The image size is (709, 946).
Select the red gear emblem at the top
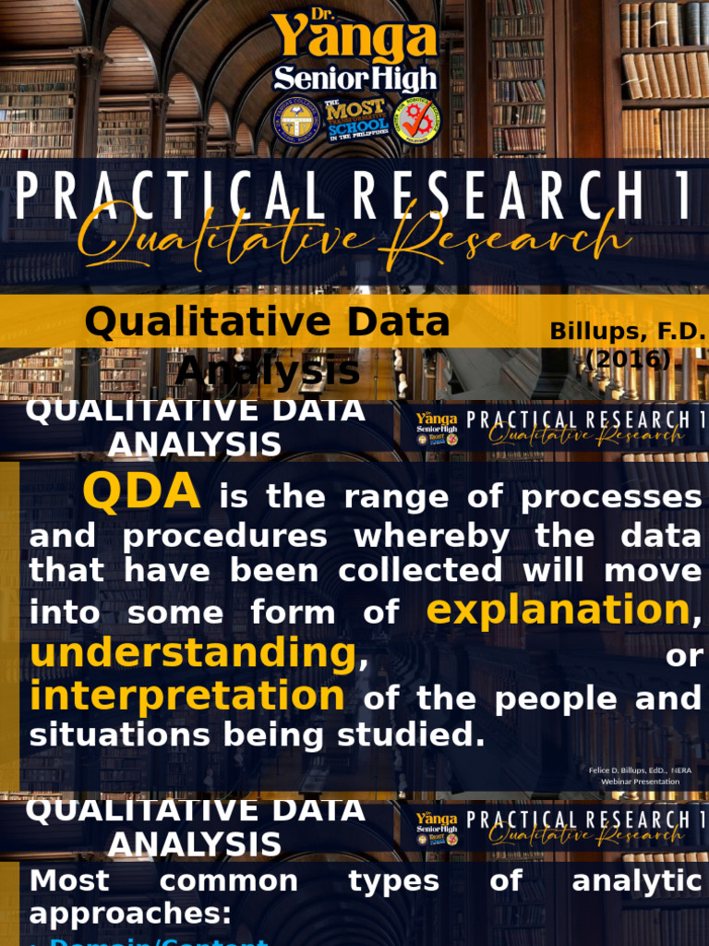click(418, 121)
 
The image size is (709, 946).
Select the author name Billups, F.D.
click(628, 331)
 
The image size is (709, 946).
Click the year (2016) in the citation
click(628, 358)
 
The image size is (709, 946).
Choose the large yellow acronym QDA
click(141, 491)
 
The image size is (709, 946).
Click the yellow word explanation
click(559, 610)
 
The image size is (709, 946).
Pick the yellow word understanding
click(193, 653)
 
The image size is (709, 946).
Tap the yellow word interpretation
click(187, 696)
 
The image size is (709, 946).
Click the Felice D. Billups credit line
click(640, 770)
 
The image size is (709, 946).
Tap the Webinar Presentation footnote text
click(640, 782)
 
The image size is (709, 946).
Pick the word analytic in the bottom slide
click(637, 880)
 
